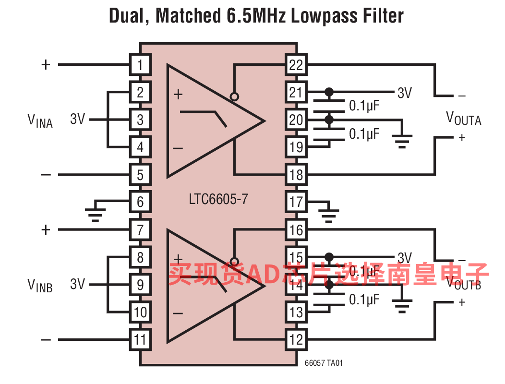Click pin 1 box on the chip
click(x=140, y=65)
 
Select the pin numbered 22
click(x=296, y=65)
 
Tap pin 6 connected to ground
click(x=140, y=202)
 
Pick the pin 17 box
click(x=296, y=202)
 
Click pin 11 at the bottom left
click(x=140, y=340)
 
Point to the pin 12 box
click(x=296, y=340)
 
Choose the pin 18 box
click(x=296, y=175)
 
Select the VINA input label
click(x=39, y=120)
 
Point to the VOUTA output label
click(x=463, y=118)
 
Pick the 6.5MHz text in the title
click(x=255, y=16)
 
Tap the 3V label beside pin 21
click(x=404, y=93)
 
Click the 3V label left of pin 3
click(x=77, y=119)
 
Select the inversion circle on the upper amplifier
click(x=234, y=96)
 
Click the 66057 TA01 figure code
click(x=324, y=364)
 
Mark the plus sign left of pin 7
click(x=46, y=230)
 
